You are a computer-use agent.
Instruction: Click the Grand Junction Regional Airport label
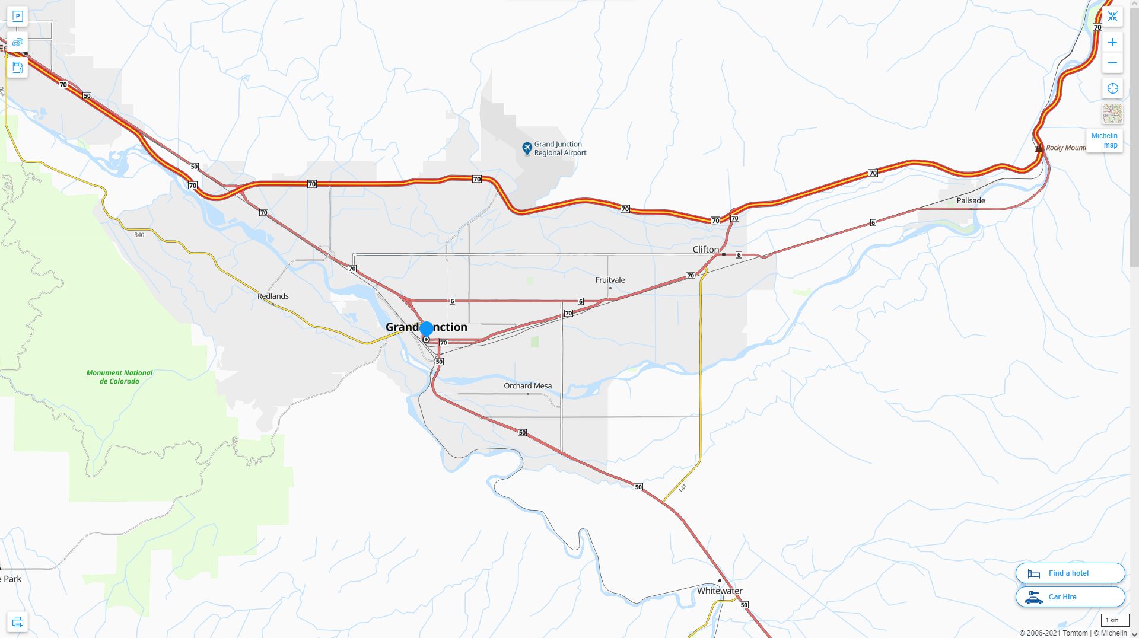[x=559, y=148]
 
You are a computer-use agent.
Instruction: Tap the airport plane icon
[x=527, y=148]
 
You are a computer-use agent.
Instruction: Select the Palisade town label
[x=971, y=200]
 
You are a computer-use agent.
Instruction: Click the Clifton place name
[x=705, y=250]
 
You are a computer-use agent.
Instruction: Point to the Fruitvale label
[x=610, y=280]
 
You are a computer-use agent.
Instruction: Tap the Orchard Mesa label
[x=527, y=385]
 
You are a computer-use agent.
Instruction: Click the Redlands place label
[x=273, y=296]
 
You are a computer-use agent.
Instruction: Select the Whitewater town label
[x=719, y=591]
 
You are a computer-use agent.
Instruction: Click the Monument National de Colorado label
[x=119, y=377]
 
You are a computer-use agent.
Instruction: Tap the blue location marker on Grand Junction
[x=426, y=328]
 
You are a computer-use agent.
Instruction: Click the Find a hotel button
[x=1070, y=573]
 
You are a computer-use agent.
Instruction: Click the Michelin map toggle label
[x=1104, y=141]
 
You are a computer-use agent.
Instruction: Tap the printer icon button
[x=17, y=622]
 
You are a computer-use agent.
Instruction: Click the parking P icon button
[x=17, y=17]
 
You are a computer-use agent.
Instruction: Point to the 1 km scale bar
[x=1115, y=621]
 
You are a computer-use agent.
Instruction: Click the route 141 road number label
[x=682, y=488]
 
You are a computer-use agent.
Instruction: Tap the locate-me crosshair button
[x=1112, y=88]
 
